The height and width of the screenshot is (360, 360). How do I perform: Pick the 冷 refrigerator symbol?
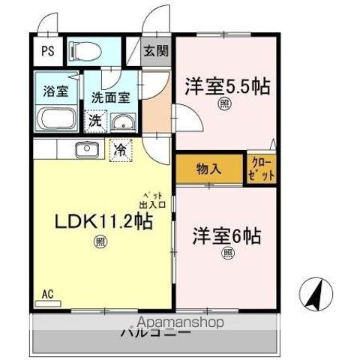(x=120, y=148)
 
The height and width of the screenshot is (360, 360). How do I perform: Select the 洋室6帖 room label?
(x=228, y=235)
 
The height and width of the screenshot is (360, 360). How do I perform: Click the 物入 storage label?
(x=209, y=168)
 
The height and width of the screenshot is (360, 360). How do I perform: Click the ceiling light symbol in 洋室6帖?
(x=228, y=253)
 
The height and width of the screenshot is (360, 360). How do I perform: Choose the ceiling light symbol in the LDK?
(x=100, y=241)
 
